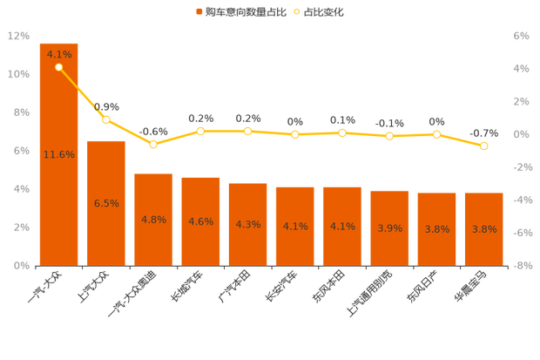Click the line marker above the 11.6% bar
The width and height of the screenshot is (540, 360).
coord(58,67)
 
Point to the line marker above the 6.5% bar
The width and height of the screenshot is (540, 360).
coord(106,119)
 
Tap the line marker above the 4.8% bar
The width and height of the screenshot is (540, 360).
coord(153,144)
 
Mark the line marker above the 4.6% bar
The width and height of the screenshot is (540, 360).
coord(200,131)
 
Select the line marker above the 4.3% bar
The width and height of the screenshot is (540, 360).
coord(248,131)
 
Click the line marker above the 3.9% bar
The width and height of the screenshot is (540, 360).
coord(389,136)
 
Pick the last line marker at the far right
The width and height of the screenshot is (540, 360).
coord(484,146)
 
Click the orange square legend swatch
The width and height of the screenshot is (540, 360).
coord(199,12)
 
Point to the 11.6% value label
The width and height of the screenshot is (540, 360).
coord(58,154)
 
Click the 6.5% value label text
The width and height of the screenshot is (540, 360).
coord(106,203)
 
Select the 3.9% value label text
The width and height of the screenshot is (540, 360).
coord(389,228)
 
